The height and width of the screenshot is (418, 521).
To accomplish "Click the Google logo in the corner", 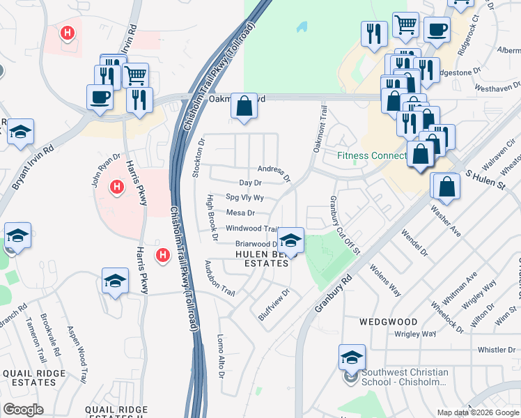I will click(24, 410).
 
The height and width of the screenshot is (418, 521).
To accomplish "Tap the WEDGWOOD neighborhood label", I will click(389, 322).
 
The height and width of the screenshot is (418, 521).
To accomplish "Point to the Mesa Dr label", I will click(240, 212).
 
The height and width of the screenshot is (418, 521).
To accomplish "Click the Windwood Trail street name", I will click(252, 229).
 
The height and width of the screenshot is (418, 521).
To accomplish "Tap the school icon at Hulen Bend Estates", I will click(290, 241).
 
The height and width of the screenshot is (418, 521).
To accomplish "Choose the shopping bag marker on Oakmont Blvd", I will click(244, 107).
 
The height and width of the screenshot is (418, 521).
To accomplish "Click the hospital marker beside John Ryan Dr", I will click(117, 187).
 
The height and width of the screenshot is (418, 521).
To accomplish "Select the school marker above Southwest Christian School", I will click(352, 358).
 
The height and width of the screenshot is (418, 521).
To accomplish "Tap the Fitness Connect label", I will click(372, 155).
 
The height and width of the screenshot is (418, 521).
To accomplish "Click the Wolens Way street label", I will click(384, 279).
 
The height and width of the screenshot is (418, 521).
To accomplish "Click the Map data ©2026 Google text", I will click(477, 412).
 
